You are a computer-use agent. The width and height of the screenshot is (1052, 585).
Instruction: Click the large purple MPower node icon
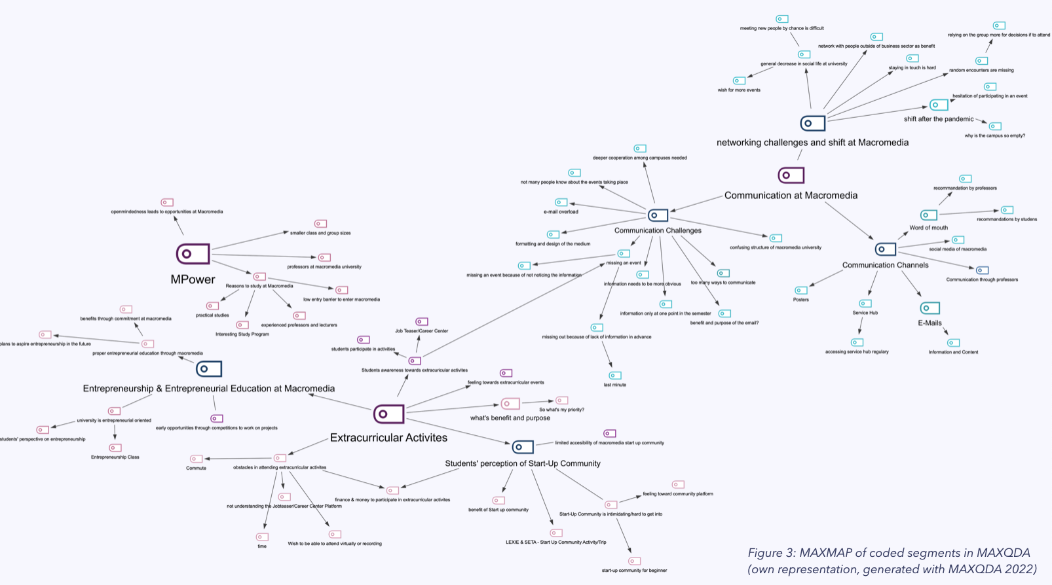[193, 253]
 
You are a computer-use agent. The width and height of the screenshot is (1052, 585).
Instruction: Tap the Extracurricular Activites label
[388, 438]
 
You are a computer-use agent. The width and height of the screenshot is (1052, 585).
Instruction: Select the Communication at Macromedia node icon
[791, 175]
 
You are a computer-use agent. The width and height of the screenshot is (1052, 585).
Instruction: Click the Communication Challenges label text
[658, 230]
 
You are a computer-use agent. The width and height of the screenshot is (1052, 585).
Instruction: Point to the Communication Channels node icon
[885, 249]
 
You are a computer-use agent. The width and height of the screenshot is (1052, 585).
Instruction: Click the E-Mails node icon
[930, 308]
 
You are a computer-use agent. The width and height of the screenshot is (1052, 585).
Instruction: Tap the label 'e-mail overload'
[561, 212]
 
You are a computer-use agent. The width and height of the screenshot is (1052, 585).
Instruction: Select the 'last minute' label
[614, 385]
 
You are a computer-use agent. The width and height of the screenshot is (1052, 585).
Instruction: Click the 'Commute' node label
[196, 468]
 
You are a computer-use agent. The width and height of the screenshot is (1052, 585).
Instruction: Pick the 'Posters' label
[800, 300]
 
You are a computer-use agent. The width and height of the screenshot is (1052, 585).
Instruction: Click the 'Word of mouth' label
[928, 228]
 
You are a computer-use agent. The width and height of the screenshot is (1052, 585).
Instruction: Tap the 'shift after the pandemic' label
[938, 119]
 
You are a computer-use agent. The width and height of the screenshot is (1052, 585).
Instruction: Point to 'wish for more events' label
[739, 90]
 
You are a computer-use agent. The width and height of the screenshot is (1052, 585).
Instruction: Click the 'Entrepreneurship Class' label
[115, 457]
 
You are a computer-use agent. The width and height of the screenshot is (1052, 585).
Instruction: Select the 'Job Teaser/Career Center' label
[421, 331]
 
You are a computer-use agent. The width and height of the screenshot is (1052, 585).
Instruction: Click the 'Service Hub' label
[865, 313]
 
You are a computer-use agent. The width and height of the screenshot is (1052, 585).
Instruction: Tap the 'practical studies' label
[212, 315]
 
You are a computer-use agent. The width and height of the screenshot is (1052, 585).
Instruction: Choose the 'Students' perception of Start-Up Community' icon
[522, 447]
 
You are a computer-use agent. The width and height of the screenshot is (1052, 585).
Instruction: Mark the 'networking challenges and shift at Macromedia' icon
[812, 123]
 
